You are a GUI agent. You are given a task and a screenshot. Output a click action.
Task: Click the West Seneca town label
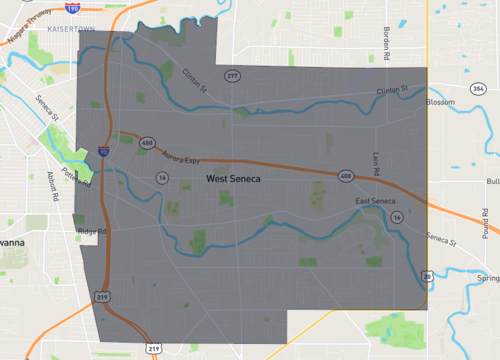coord(234,179)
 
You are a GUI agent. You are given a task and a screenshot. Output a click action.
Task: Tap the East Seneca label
coord(376,203)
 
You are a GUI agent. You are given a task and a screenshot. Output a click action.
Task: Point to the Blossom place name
coord(440,102)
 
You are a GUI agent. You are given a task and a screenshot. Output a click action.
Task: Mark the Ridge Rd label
coord(91,232)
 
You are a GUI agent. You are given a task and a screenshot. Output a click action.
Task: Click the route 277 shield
coord(232,76)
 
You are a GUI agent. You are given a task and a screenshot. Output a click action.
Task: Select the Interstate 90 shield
coord(104,153)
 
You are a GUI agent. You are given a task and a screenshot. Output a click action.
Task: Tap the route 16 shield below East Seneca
coord(397,216)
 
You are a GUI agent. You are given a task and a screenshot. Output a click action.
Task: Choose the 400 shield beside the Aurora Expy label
coord(147,143)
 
